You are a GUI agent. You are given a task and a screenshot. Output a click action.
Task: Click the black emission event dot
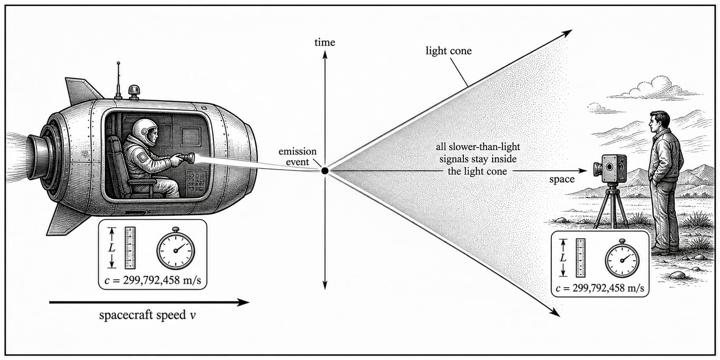click(325, 171)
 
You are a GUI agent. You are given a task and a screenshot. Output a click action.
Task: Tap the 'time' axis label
click(325, 42)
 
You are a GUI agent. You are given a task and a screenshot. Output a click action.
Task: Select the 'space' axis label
click(562, 179)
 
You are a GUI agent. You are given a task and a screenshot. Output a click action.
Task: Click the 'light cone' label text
click(449, 51)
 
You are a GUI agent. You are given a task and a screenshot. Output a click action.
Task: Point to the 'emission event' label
click(297, 157)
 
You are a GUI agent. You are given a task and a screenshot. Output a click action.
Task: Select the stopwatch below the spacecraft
click(176, 249)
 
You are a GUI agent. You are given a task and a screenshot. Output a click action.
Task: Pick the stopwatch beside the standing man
click(622, 259)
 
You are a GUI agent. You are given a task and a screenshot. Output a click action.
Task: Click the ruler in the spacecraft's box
click(130, 248)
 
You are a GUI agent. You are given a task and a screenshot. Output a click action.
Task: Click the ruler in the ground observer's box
click(580, 258)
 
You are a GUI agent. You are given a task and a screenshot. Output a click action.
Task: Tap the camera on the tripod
click(610, 169)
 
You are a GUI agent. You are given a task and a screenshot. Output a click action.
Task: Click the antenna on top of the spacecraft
click(118, 80)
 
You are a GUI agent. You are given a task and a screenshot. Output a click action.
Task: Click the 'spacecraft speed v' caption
click(148, 315)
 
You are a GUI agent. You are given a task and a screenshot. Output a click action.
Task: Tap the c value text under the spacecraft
click(153, 280)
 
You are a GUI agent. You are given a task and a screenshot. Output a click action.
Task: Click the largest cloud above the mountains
click(656, 89)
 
